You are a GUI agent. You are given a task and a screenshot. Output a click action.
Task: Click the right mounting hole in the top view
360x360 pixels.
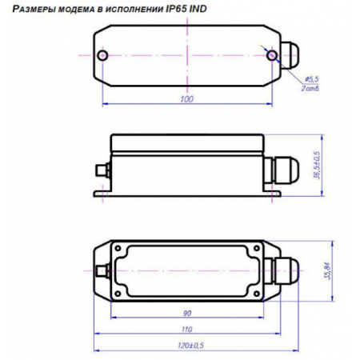click(273, 55)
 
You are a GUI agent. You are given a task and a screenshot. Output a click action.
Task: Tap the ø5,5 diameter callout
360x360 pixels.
click(313, 78)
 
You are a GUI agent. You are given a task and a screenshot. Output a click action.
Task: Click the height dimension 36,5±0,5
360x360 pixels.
click(317, 164)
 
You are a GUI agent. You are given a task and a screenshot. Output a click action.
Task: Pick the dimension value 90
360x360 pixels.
click(186, 313)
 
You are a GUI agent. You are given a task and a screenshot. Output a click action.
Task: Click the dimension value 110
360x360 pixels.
click(186, 330)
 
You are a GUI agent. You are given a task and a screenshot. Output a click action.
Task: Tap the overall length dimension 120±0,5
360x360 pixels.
click(190, 346)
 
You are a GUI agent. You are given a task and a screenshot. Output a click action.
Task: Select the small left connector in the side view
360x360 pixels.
click(100, 170)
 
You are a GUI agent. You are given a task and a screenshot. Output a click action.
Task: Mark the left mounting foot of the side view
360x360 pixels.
click(100, 193)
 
